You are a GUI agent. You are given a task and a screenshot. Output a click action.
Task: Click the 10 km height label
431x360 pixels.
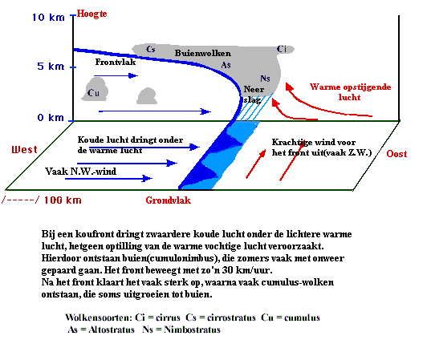point(48,18)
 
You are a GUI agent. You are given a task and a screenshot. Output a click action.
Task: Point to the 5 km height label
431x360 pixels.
point(51,67)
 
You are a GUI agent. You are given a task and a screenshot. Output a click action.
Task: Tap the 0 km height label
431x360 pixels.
point(51,118)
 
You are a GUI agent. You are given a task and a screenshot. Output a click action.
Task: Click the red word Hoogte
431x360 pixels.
point(91,14)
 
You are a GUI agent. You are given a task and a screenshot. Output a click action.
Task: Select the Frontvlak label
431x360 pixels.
point(116,62)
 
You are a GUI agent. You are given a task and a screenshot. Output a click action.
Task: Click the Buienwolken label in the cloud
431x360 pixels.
point(203,53)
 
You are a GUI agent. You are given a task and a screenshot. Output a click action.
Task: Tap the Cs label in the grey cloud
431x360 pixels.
point(151,49)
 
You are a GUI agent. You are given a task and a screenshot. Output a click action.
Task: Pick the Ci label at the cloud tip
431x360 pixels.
point(282,49)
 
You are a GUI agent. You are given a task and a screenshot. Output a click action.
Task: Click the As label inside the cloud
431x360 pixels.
point(226,65)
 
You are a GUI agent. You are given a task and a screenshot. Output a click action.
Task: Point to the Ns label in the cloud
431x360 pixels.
point(265,79)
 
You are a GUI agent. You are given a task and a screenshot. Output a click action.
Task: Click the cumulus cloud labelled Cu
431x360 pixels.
point(95,89)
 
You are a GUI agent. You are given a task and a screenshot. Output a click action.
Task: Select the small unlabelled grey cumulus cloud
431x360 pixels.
point(148,96)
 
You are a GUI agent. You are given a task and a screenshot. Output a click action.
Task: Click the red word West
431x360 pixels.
point(24,150)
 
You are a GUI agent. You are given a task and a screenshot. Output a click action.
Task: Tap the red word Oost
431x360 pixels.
point(396,154)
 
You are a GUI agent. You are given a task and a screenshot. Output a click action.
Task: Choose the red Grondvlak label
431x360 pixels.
point(169,200)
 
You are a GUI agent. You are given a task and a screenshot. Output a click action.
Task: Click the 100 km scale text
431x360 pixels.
point(63,200)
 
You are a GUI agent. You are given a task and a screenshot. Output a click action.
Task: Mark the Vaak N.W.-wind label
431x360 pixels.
point(81,172)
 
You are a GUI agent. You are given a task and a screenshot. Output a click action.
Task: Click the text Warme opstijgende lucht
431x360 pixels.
point(350,92)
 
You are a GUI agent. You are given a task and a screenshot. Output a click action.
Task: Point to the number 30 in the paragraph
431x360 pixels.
point(228,270)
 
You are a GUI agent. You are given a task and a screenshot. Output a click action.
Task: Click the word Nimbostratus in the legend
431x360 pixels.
point(192,330)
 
